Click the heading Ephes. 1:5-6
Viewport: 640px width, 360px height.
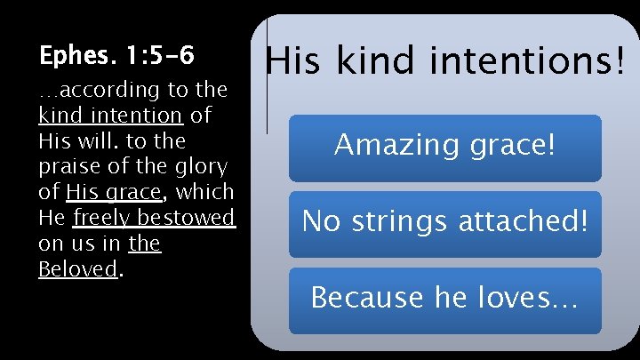116,57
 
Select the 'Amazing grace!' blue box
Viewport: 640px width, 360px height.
444,147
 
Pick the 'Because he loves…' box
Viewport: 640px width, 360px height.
444,300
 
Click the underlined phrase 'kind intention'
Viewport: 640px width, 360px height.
111,116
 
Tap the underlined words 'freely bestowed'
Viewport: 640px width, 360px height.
154,218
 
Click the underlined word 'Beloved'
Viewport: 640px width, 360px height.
78,269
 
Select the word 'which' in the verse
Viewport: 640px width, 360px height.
205,192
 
